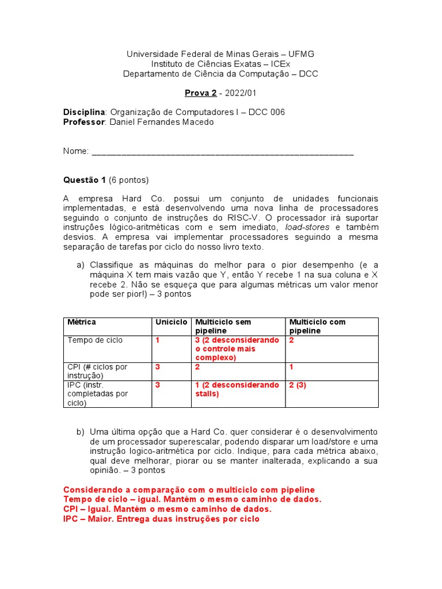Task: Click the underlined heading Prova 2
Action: (200, 93)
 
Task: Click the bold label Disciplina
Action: (84, 112)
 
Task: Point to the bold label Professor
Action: (84, 122)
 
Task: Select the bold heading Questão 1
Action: (84, 180)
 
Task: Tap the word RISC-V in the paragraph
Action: (247, 217)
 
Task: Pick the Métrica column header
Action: (82, 322)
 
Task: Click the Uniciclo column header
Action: (171, 322)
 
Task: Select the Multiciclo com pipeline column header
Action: (317, 326)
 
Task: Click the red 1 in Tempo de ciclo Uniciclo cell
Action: (158, 341)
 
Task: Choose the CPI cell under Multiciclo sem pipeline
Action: (197, 367)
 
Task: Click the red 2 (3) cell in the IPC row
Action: (298, 385)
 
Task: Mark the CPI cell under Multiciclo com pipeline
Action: (292, 367)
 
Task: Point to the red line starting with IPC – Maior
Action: (161, 519)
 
